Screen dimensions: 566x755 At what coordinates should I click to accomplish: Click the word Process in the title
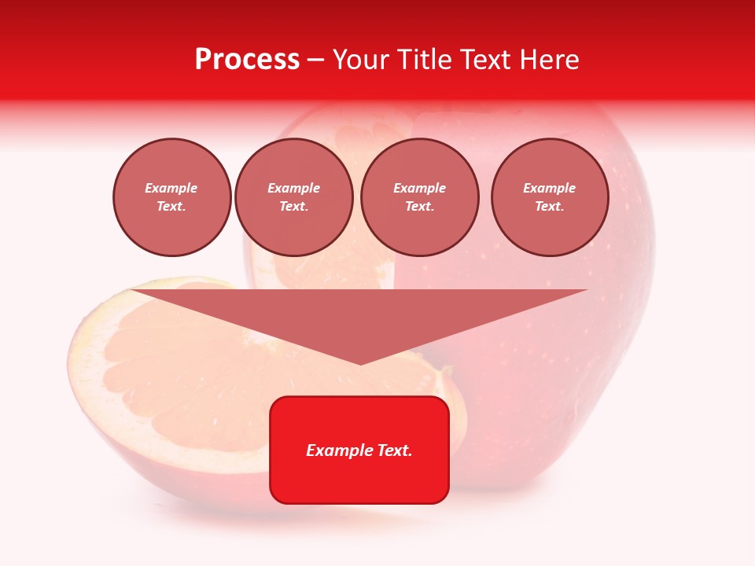pos(247,60)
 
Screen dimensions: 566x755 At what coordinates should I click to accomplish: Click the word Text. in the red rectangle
pos(394,450)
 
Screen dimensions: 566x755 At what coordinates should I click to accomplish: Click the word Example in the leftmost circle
pos(171,188)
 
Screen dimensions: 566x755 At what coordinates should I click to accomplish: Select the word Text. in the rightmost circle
pos(549,206)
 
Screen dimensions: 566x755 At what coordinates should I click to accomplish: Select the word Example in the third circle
pos(419,188)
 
